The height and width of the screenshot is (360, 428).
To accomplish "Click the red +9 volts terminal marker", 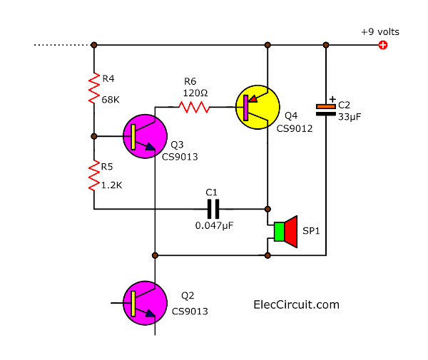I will click(383, 45).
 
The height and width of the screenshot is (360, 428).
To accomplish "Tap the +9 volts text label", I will click(380, 32).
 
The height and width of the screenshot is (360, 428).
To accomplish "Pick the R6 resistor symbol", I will click(193, 107).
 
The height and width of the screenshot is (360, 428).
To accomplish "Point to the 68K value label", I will click(111, 100).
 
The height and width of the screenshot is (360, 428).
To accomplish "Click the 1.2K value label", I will click(113, 184).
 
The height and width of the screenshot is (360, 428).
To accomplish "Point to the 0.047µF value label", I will click(214, 225).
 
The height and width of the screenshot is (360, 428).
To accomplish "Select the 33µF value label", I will click(350, 116).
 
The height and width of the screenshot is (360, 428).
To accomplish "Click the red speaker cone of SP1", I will click(291, 232).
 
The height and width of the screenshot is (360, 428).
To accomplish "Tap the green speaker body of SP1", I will click(279, 232).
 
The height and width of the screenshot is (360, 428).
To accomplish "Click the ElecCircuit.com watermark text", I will click(296, 304).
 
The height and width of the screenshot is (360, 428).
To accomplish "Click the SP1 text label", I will click(312, 232).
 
